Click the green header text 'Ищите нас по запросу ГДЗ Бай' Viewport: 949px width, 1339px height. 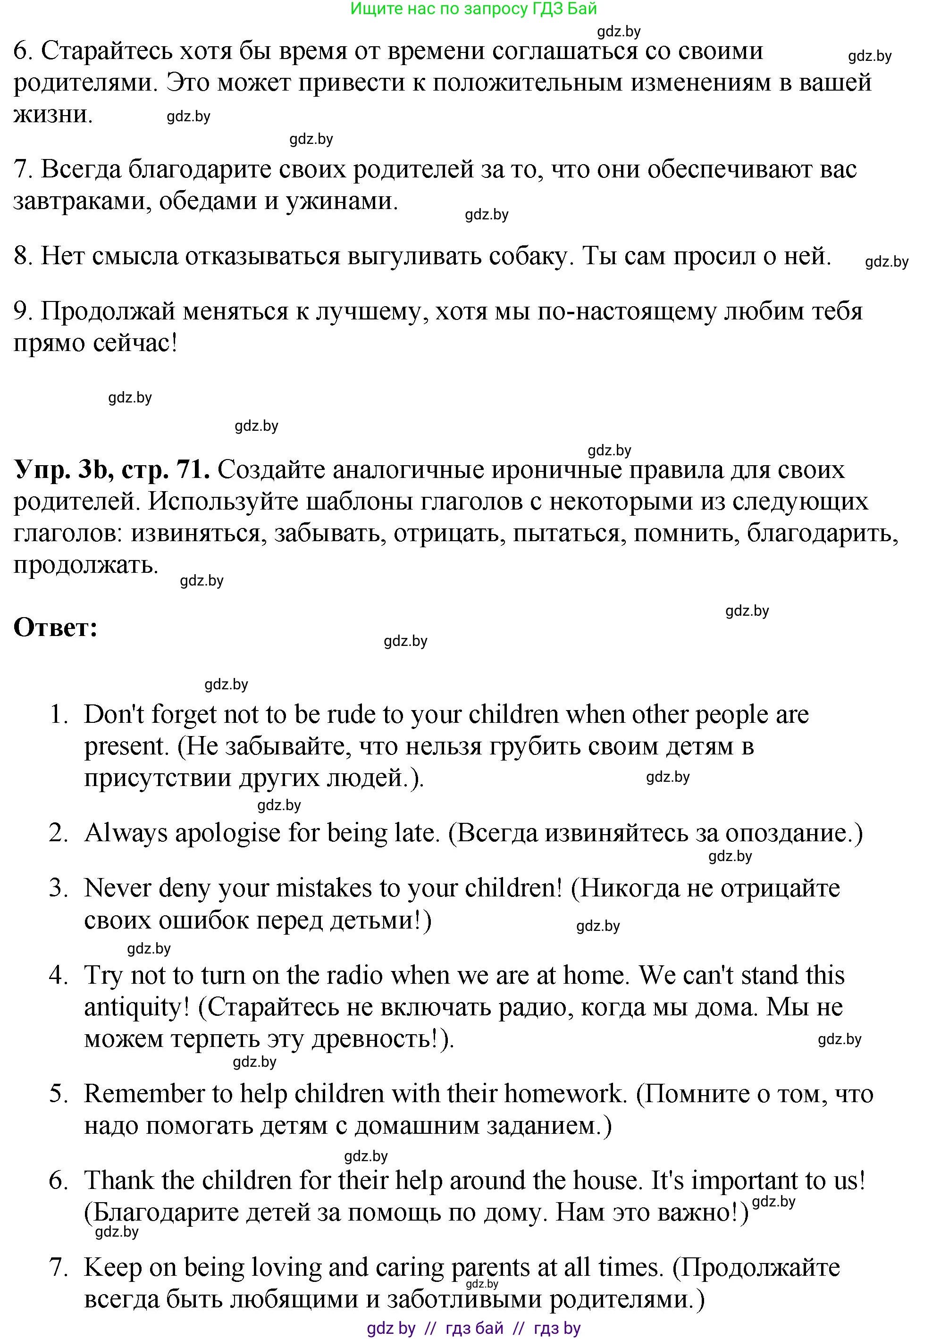coord(473,9)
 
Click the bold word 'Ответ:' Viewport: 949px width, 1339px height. coord(56,628)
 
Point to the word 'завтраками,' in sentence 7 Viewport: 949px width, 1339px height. coord(82,201)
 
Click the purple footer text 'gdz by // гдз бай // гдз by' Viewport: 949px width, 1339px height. coord(473,1328)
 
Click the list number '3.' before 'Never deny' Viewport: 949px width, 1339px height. coord(59,888)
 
